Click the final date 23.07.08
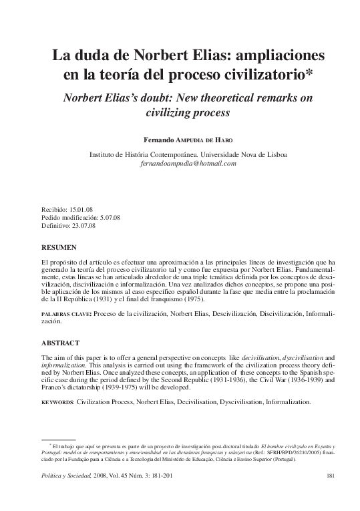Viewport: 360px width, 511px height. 83,226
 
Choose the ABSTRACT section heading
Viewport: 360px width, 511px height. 60,343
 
